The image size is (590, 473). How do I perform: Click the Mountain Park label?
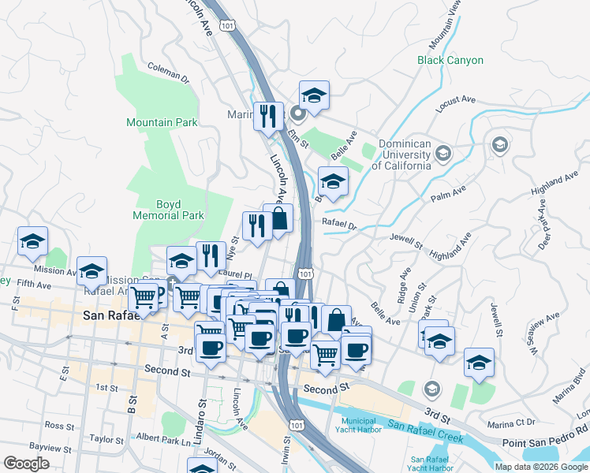click(x=162, y=122)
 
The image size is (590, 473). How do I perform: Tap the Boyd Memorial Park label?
click(x=169, y=209)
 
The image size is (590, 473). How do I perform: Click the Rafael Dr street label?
click(x=339, y=224)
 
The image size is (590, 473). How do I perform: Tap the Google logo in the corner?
click(x=27, y=463)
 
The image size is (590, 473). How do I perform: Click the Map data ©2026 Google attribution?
click(x=541, y=467)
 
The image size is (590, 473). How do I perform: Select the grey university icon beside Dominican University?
click(x=444, y=153)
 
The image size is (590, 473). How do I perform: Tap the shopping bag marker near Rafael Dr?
click(x=278, y=218)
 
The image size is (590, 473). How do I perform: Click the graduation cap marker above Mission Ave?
click(x=32, y=241)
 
